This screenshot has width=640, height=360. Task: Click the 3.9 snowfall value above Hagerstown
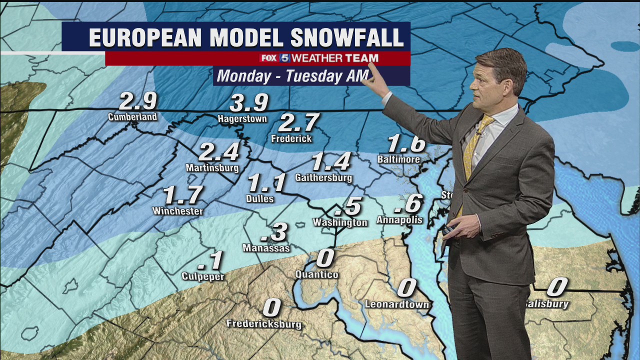(x=249, y=103)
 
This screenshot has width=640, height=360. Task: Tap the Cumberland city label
(x=132, y=117)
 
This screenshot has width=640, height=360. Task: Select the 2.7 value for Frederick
(x=298, y=122)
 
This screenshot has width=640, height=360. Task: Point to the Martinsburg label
(x=212, y=168)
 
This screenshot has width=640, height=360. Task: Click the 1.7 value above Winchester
(x=183, y=195)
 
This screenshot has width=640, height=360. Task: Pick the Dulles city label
(x=260, y=198)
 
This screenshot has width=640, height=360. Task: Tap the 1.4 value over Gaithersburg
(x=331, y=162)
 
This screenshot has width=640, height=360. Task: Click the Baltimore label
(x=398, y=159)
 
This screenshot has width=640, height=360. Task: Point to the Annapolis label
(x=399, y=220)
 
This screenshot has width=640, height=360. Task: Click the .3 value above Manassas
(x=274, y=232)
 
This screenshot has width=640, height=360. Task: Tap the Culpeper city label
(x=203, y=276)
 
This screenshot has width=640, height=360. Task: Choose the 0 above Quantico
(x=325, y=258)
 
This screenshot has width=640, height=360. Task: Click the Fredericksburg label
(x=264, y=324)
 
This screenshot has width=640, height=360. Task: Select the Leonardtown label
(x=396, y=304)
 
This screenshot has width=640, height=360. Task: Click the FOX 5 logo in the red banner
(x=275, y=58)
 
